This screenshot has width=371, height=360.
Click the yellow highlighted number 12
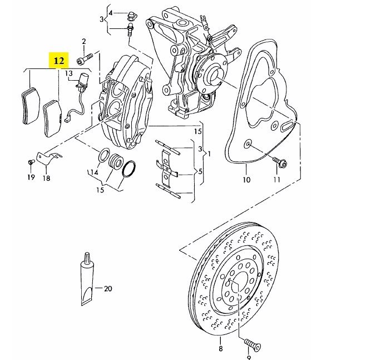[x=59, y=59]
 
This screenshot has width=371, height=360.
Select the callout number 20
[x=108, y=288]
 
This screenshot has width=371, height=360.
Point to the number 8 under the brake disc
[x=220, y=349]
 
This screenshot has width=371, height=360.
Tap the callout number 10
[x=246, y=180]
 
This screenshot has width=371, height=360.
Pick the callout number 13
[x=69, y=73]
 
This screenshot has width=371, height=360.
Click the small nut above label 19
[x=29, y=162]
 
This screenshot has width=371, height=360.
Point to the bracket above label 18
[x=47, y=158]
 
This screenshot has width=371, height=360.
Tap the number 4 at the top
[x=111, y=12]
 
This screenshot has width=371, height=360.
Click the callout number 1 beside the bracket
[x=209, y=151]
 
